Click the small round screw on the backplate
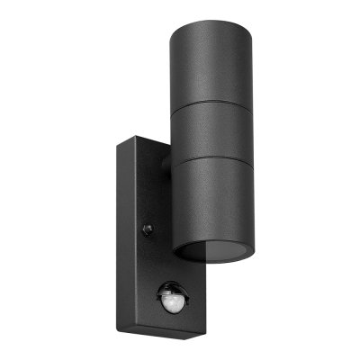click(148, 229)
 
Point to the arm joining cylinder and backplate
click(164, 166)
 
